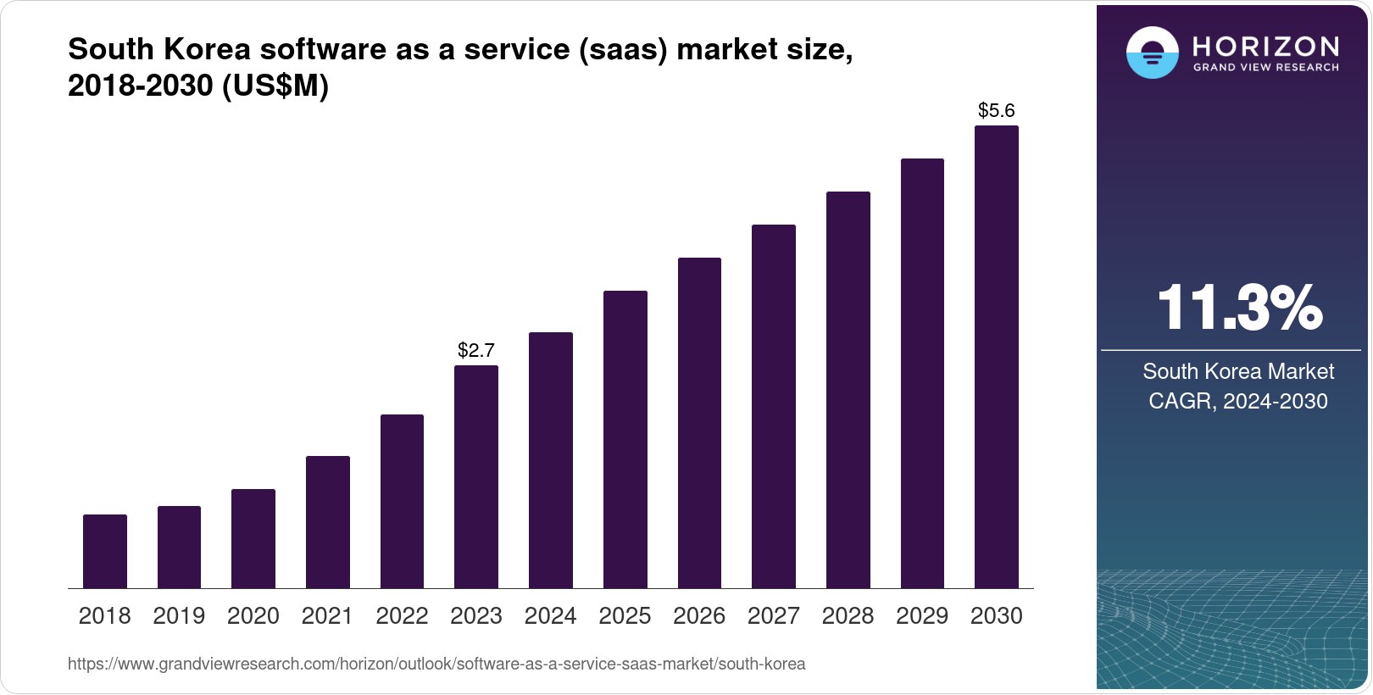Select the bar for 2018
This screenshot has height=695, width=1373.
tap(105, 551)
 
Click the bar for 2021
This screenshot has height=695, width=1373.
tap(328, 522)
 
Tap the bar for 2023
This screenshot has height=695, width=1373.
tap(476, 476)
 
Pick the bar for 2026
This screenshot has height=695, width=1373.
tap(699, 423)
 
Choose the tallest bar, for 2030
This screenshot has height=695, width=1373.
tap(997, 357)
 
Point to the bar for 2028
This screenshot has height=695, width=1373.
tap(848, 390)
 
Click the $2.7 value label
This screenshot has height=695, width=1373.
tap(476, 350)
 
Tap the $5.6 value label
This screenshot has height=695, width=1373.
tap(997, 110)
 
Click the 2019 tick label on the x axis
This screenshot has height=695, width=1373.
tap(179, 616)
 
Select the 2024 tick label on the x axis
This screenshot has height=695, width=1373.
tap(550, 616)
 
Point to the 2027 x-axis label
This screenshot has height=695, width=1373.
tap(774, 616)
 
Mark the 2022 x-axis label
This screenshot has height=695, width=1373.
tap(402, 616)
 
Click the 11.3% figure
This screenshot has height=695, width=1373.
tap(1239, 308)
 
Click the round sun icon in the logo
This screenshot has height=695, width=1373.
tap(1152, 53)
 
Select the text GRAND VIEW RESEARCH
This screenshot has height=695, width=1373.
tap(1266, 68)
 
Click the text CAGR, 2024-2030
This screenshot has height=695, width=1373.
tap(1238, 401)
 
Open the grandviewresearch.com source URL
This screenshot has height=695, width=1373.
tap(436, 664)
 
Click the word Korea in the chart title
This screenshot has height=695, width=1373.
tap(207, 49)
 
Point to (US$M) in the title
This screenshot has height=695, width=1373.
tap(275, 86)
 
